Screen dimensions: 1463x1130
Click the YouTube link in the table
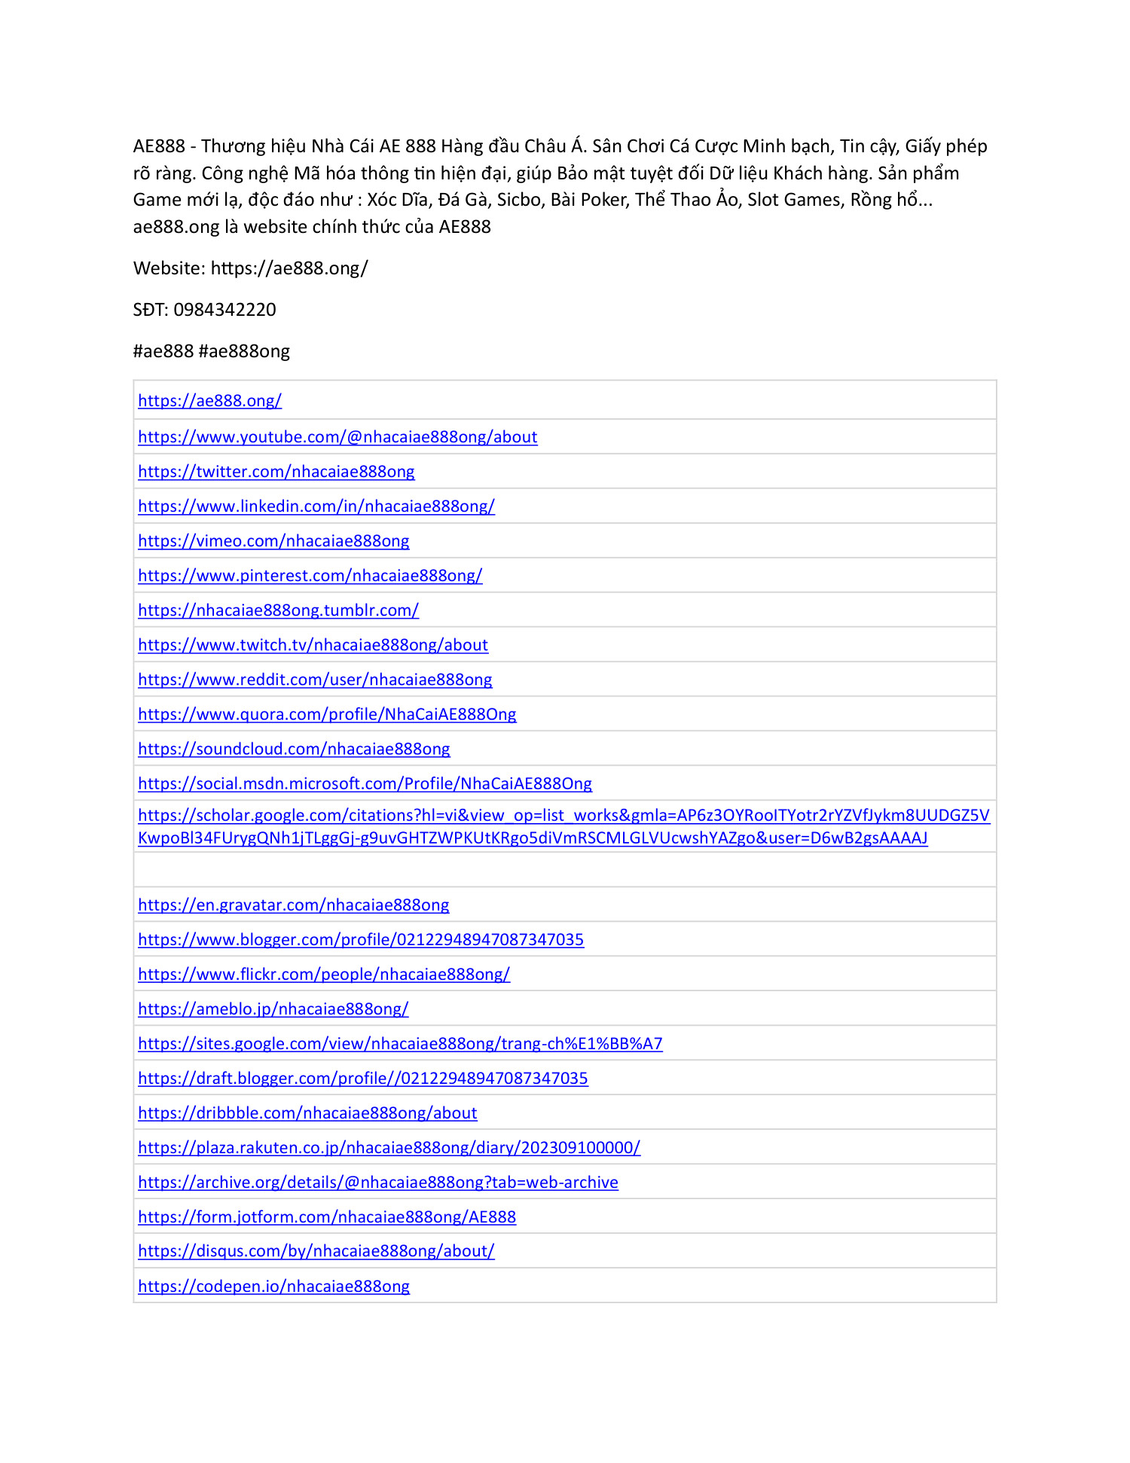(337, 437)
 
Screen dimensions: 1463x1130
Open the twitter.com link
(276, 472)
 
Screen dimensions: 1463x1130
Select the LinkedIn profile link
(316, 507)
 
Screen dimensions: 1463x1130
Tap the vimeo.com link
(273, 541)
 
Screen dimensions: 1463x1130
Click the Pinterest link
(310, 576)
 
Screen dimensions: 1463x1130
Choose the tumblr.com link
(278, 611)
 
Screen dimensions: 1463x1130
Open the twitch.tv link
(313, 645)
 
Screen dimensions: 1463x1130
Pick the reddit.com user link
(315, 680)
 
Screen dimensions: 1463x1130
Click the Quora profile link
(327, 715)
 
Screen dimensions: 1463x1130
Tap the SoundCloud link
(294, 749)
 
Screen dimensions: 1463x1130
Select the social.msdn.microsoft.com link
(365, 784)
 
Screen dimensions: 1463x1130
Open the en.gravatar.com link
(293, 905)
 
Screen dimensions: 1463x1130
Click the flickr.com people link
(324, 975)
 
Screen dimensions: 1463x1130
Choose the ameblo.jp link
(273, 1009)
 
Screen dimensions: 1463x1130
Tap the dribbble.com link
(307, 1113)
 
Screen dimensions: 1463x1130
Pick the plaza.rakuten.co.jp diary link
(389, 1148)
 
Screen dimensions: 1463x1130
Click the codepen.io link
(273, 1287)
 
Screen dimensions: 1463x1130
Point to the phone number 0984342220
(224, 310)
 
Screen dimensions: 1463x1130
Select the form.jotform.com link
(327, 1217)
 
